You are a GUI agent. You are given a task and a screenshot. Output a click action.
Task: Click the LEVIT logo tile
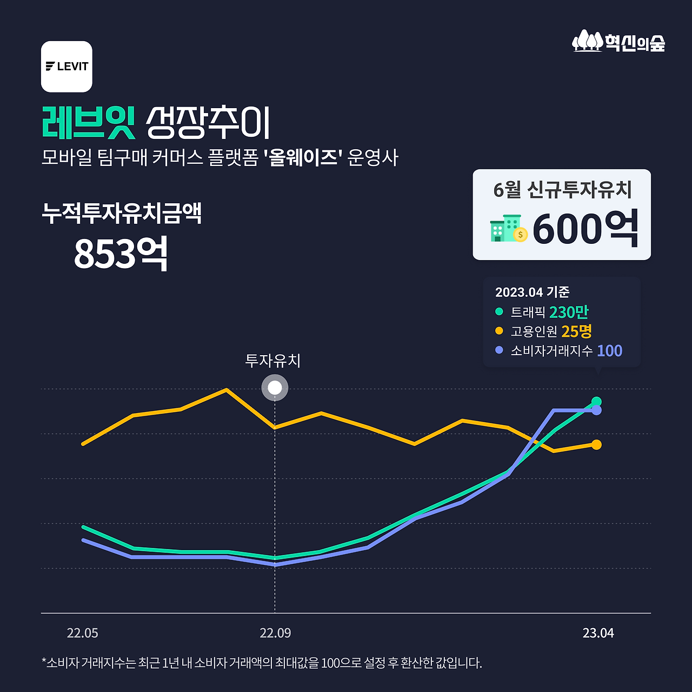tap(66, 66)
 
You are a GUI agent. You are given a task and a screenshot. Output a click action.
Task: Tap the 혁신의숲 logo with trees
tap(618, 41)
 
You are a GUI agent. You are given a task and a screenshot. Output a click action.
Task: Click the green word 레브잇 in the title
tap(88, 123)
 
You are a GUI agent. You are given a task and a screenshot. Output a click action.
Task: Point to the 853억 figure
tap(121, 254)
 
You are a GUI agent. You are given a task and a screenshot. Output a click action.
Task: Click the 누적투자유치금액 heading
tap(122, 213)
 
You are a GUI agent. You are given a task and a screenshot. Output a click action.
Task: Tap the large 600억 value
tap(585, 229)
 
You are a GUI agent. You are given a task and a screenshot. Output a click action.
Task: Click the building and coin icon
tap(508, 229)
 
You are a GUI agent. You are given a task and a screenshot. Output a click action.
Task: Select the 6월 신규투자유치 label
tap(562, 190)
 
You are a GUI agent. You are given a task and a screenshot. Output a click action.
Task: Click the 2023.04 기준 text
tap(532, 292)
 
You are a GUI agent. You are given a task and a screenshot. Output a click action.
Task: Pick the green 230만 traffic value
tap(569, 312)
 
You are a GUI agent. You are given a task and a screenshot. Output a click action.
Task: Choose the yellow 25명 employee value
tap(576, 331)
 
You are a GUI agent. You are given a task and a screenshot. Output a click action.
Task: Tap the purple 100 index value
tap(609, 350)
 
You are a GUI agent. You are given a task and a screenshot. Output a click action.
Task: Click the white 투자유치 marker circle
tap(275, 388)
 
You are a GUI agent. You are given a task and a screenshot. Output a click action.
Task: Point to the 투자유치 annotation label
tap(273, 361)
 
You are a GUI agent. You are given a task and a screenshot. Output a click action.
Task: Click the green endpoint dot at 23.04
tap(596, 401)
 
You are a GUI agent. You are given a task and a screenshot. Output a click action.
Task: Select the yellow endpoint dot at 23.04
tap(596, 444)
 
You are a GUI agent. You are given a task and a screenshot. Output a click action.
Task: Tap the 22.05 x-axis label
tap(82, 633)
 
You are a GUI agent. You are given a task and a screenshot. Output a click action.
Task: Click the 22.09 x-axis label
tap(275, 633)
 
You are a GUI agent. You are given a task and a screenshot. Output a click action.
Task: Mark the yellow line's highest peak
tap(226, 389)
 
